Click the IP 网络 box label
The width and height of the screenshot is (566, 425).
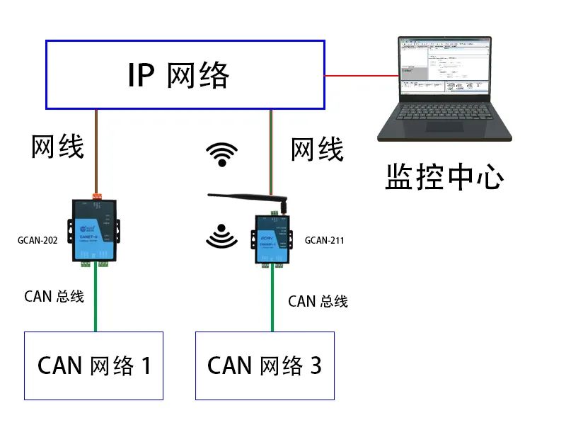pyautogui.click(x=178, y=75)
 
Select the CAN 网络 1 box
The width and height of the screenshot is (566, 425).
pyautogui.click(x=94, y=365)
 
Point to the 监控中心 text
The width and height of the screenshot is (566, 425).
pyautogui.click(x=444, y=177)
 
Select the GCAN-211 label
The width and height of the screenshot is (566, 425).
pyautogui.click(x=324, y=240)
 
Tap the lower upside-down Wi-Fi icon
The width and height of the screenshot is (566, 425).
pyautogui.click(x=222, y=235)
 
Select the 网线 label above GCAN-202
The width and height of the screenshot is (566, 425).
pyautogui.click(x=57, y=147)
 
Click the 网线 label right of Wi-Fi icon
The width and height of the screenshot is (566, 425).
pyautogui.click(x=317, y=149)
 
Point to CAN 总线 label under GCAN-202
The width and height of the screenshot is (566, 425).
pyautogui.click(x=54, y=296)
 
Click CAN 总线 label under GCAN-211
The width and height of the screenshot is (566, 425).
pyautogui.click(x=318, y=301)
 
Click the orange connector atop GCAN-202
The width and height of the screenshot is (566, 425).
pyautogui.click(x=96, y=193)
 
